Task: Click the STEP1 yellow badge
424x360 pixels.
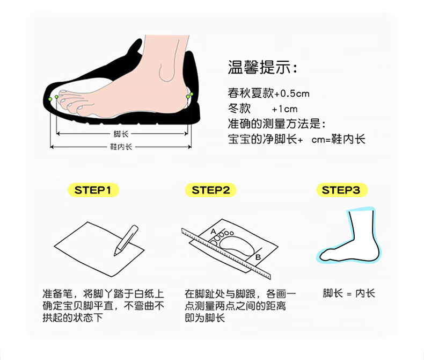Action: (93, 190)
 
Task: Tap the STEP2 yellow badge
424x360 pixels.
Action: (210, 190)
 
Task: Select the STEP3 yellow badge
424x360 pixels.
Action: (341, 190)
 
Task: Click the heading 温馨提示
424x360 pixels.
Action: (262, 69)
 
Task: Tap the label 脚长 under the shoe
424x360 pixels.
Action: (120, 134)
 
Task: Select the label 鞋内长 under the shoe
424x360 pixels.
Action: (121, 147)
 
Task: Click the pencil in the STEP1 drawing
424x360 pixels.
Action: (126, 240)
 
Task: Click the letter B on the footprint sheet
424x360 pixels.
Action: (258, 257)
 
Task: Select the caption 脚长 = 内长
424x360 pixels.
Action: (349, 293)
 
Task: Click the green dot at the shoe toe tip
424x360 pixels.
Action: (50, 100)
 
